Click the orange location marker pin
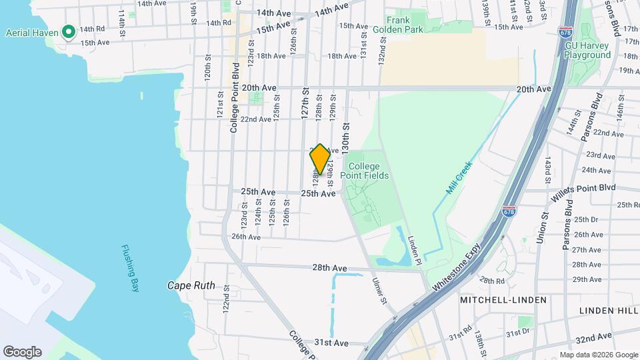click(320, 159)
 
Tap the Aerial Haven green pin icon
click(67, 31)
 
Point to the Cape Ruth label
click(191, 286)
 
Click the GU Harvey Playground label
click(587, 50)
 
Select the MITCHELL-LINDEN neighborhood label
click(503, 300)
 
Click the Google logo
click(22, 352)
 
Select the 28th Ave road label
click(330, 268)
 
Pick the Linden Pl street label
click(415, 251)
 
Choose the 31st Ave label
click(331, 343)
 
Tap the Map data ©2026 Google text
click(598, 355)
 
